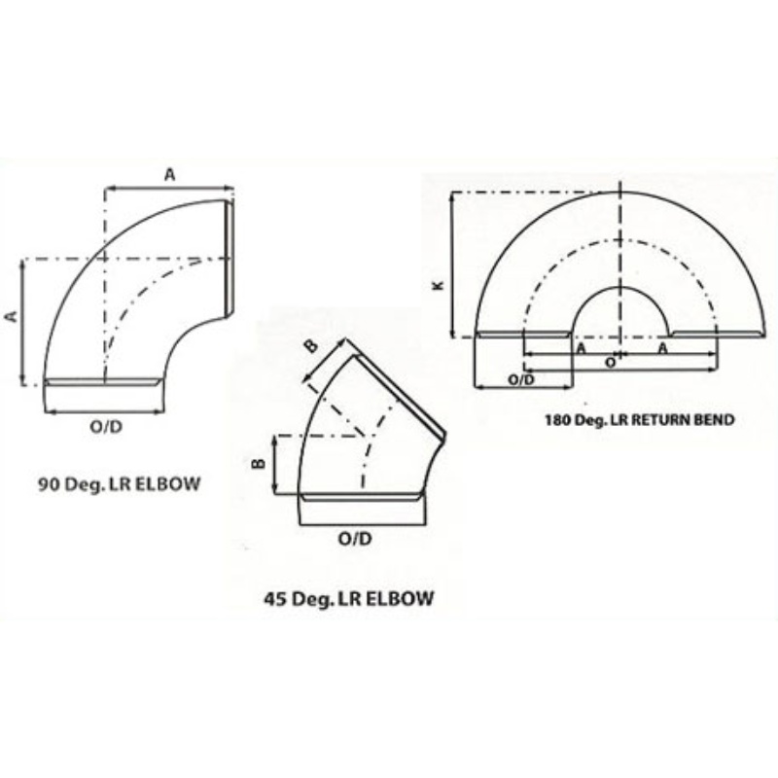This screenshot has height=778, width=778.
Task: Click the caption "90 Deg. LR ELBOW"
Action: point(119,483)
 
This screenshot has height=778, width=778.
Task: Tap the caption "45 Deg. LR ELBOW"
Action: point(349,599)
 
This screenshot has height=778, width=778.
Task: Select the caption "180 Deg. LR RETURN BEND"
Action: point(640,420)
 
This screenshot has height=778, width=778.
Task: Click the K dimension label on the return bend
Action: point(439,285)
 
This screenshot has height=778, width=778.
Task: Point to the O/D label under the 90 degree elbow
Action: point(106,426)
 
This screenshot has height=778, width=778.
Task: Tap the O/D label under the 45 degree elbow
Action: point(355,539)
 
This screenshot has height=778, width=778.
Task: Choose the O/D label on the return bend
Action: point(521,380)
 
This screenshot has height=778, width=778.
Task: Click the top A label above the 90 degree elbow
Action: point(169,175)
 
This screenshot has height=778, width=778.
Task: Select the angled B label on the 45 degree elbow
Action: point(310,346)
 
